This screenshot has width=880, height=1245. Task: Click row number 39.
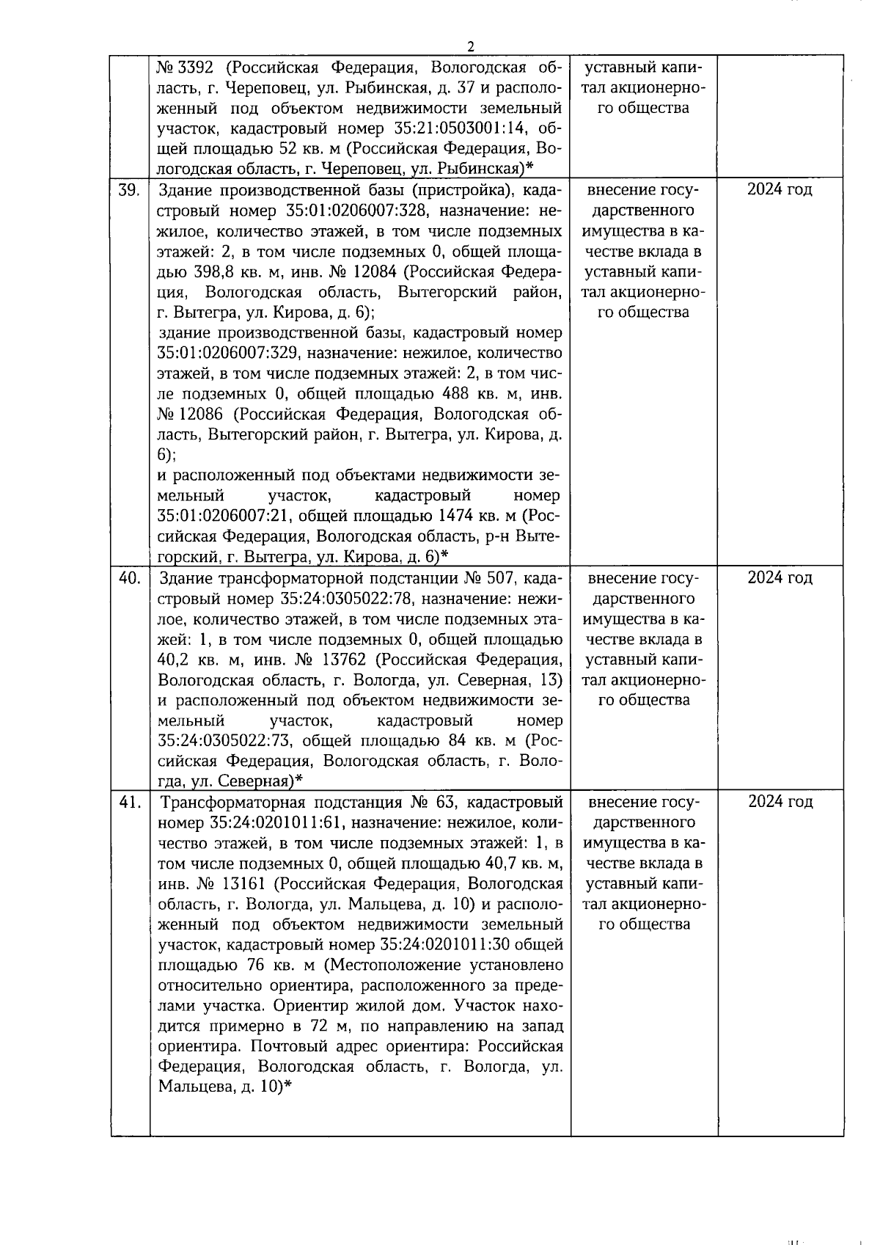point(130,190)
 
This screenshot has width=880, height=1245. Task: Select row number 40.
point(130,578)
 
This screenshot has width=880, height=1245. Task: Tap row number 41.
point(130,802)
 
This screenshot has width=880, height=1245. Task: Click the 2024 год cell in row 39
point(780,190)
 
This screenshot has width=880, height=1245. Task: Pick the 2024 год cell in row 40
point(780,578)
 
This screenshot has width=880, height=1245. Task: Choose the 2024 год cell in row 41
point(780,802)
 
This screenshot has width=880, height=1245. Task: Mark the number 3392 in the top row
point(195,68)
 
